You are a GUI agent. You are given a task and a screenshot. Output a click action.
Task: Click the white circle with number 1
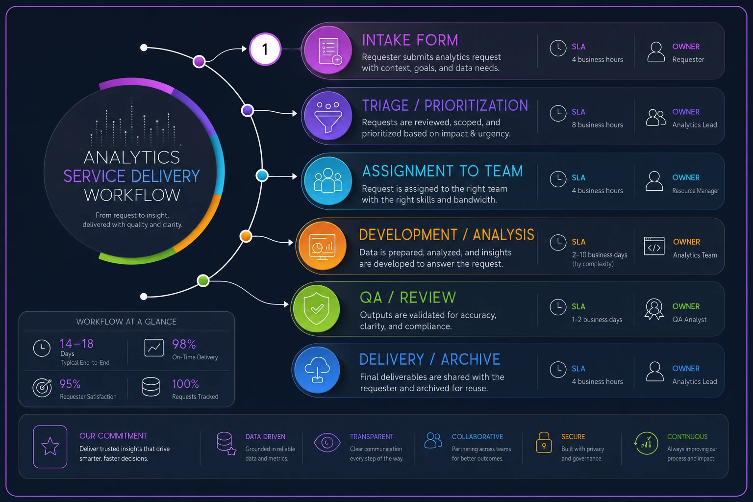[265, 49]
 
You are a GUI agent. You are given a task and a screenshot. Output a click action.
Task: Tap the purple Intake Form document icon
[328, 50]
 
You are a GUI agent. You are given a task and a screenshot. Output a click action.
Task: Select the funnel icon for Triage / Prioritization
[328, 116]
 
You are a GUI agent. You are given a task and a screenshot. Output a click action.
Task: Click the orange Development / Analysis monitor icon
[323, 246]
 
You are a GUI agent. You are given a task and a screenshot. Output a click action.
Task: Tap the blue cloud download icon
[317, 370]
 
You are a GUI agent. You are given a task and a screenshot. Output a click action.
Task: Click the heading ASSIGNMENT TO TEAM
[442, 171]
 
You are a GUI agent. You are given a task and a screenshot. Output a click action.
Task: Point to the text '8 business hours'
[598, 125]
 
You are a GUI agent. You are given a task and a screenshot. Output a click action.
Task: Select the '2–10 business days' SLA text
[600, 255]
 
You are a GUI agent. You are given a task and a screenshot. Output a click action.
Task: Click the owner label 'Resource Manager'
[696, 191]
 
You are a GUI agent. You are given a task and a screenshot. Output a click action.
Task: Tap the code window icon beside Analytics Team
[654, 246]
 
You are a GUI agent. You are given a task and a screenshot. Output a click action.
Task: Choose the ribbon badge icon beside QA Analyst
[654, 309]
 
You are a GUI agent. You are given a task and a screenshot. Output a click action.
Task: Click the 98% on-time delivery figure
[184, 344]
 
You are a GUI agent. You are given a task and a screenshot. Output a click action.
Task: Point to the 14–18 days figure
[76, 344]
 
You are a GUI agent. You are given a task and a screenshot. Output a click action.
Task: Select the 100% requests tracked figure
[185, 384]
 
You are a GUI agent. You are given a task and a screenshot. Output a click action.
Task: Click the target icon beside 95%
[42, 388]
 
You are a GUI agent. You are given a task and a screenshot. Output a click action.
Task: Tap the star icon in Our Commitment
[50, 446]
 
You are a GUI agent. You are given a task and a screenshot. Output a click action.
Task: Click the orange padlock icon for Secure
[544, 443]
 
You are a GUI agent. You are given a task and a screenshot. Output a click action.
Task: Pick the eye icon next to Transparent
[327, 443]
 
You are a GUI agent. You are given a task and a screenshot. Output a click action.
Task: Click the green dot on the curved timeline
[203, 280]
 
